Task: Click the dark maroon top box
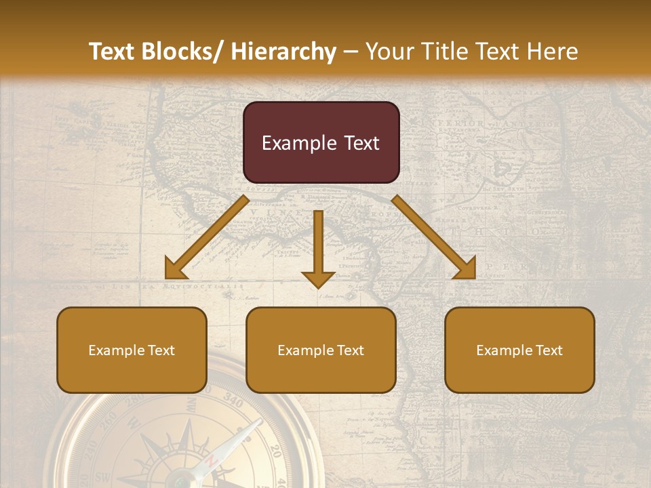[321, 142]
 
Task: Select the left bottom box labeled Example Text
[132, 350]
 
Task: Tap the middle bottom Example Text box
[321, 350]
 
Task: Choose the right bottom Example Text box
[519, 350]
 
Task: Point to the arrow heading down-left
[208, 237]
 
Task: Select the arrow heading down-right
[434, 237]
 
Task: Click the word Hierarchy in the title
[283, 52]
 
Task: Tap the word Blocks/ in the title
[186, 52]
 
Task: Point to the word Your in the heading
[389, 52]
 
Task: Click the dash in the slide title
[351, 52]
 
